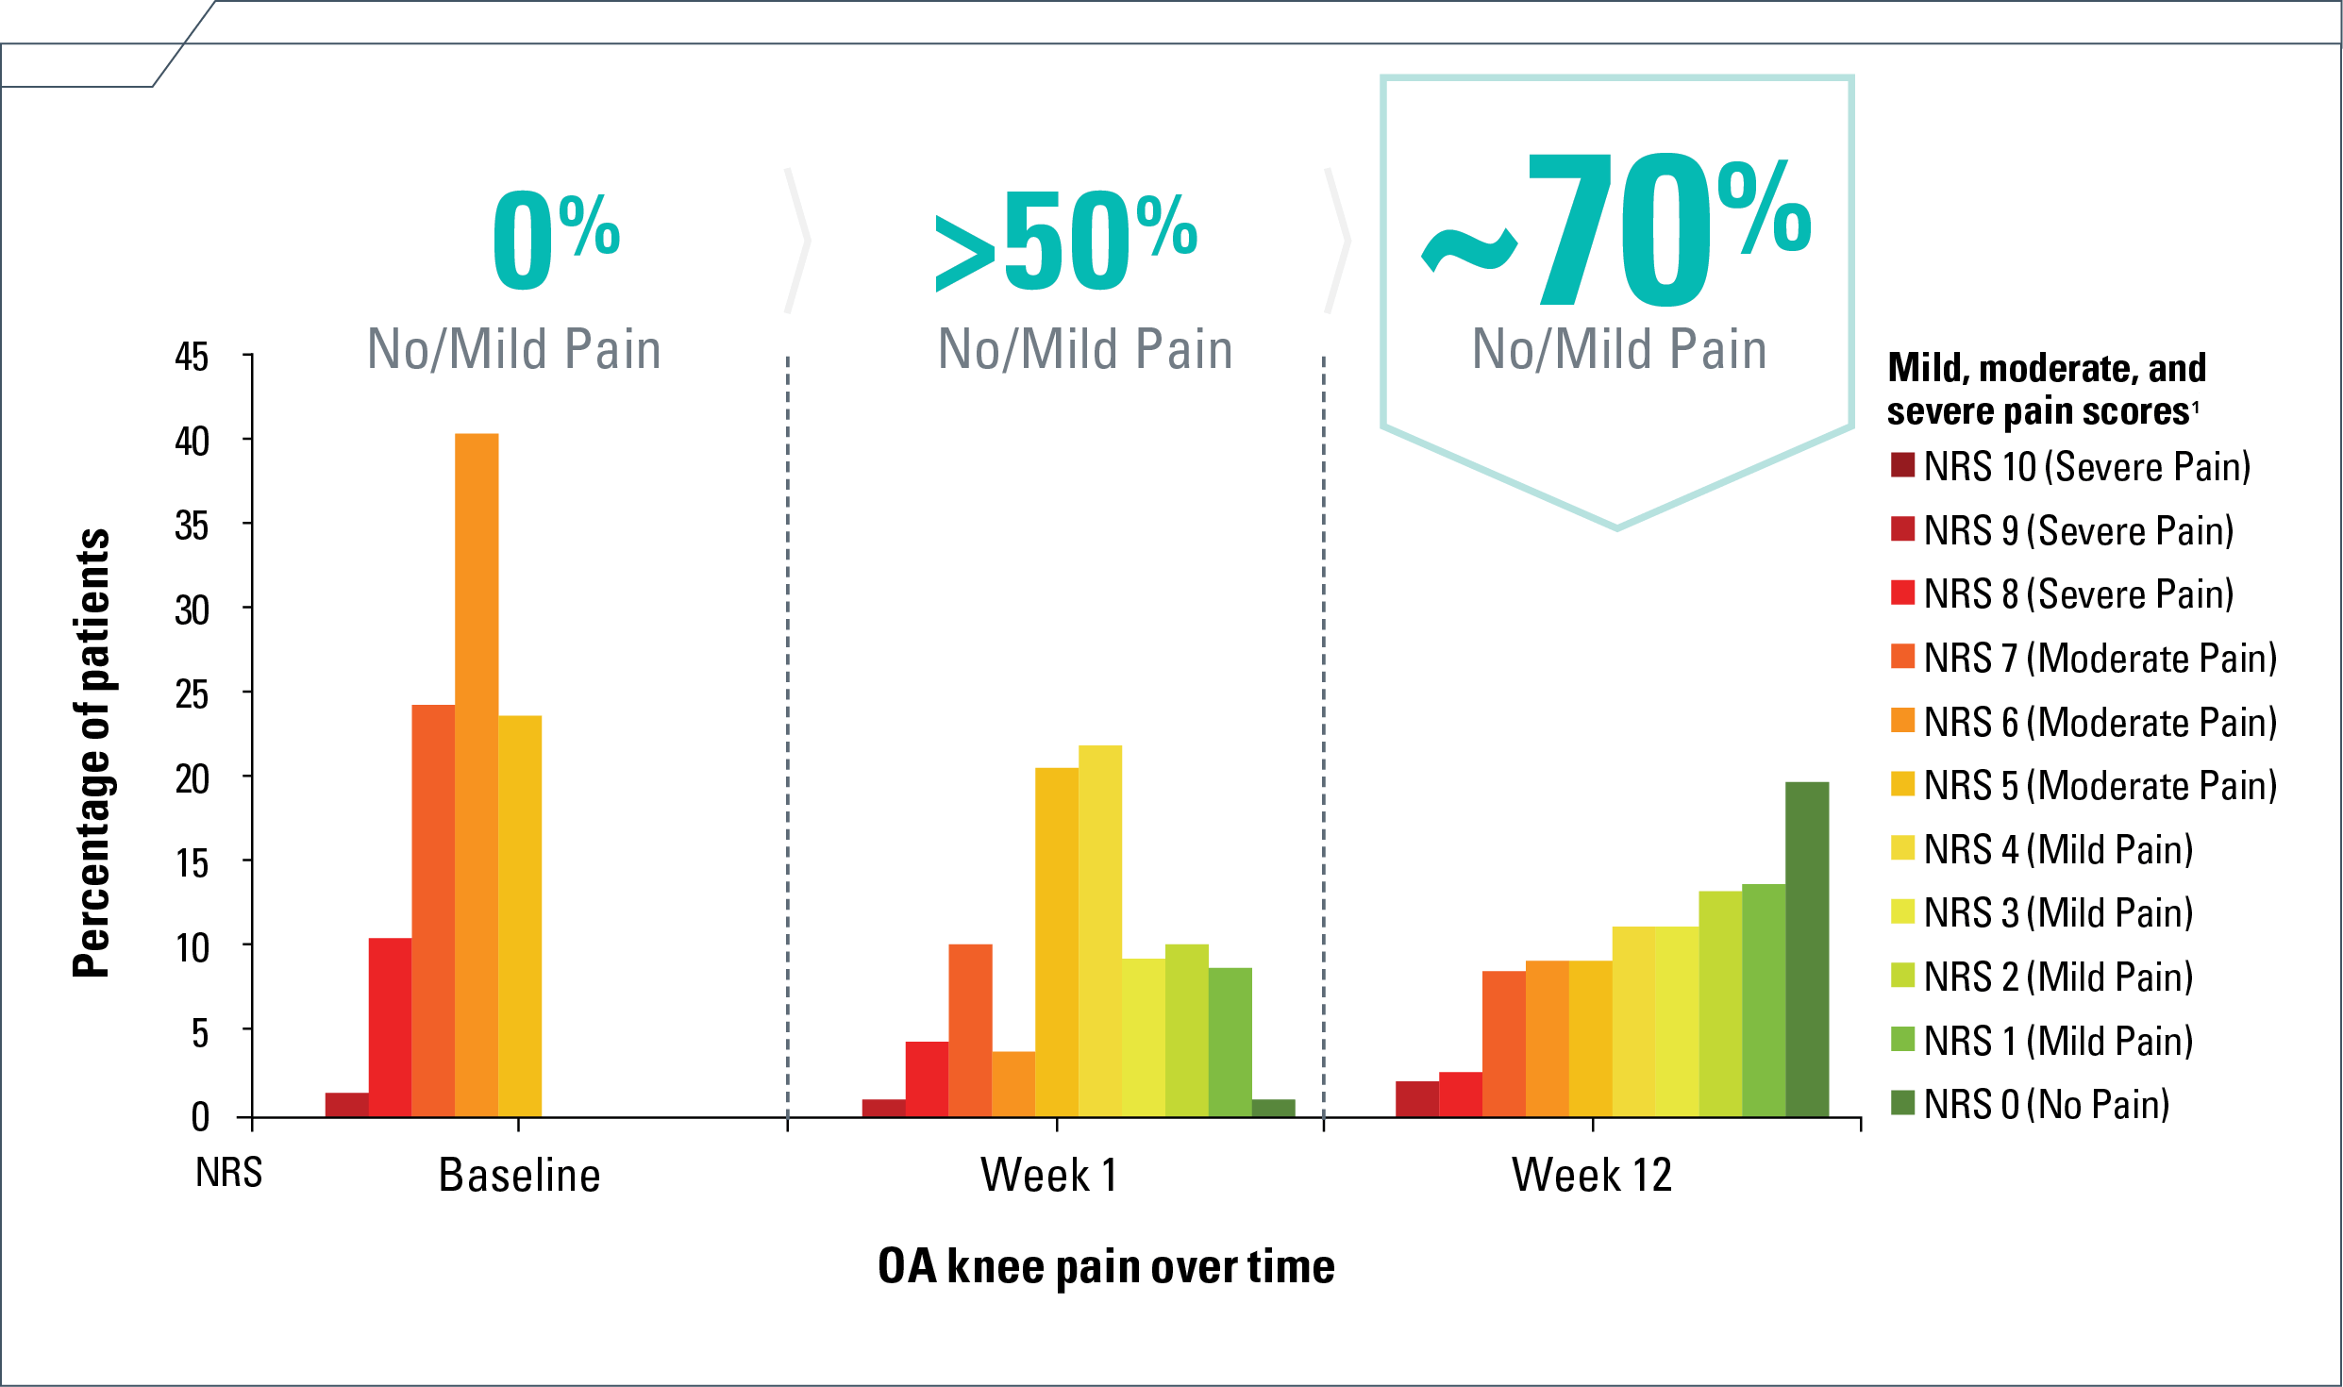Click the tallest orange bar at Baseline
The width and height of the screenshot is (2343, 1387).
(477, 774)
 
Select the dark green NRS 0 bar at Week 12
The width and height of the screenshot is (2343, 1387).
(1806, 948)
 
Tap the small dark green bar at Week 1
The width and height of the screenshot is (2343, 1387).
(1273, 1109)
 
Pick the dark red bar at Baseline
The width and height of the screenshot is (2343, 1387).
(346, 1105)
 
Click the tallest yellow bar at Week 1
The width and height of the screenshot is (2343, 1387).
(1100, 930)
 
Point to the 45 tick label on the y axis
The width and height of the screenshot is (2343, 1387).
(192, 358)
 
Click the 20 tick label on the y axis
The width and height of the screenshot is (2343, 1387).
(192, 779)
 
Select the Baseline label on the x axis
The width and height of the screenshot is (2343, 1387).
(519, 1176)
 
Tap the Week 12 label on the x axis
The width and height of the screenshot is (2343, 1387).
(1592, 1176)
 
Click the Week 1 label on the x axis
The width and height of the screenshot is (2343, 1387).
(1049, 1176)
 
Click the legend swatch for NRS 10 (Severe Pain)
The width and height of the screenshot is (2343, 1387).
(1902, 465)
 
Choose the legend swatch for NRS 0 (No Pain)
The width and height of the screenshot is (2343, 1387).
(1902, 1102)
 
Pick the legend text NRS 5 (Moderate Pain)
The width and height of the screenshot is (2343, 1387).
(2100, 786)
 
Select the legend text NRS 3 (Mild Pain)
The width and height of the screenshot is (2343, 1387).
(2058, 913)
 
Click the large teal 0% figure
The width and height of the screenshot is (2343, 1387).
(555, 240)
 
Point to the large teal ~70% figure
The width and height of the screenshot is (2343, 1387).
(1615, 231)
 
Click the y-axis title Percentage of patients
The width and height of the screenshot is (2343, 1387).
(92, 752)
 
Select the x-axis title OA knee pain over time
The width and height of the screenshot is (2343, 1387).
(1106, 1266)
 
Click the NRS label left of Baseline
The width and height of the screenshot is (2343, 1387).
(228, 1173)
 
